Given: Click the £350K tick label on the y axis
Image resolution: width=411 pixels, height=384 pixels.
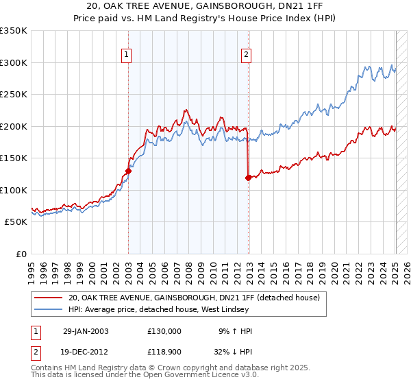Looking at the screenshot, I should pyautogui.click(x=14, y=31).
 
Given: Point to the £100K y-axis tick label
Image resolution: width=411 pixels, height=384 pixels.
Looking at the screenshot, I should pyautogui.click(x=14, y=190).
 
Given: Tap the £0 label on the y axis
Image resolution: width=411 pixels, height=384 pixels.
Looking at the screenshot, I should pyautogui.click(x=21, y=254).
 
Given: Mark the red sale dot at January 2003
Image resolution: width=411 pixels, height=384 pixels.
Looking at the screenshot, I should pyautogui.click(x=128, y=171).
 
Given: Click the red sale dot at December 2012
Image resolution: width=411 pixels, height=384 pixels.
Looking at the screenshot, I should pyautogui.click(x=248, y=178).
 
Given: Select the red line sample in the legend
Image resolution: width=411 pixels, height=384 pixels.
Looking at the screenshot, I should pyautogui.click(x=48, y=298).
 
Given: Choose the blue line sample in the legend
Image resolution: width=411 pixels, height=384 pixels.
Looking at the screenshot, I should pyautogui.click(x=48, y=310).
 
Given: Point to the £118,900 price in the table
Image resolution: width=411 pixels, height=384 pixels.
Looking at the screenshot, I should pyautogui.click(x=164, y=352).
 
